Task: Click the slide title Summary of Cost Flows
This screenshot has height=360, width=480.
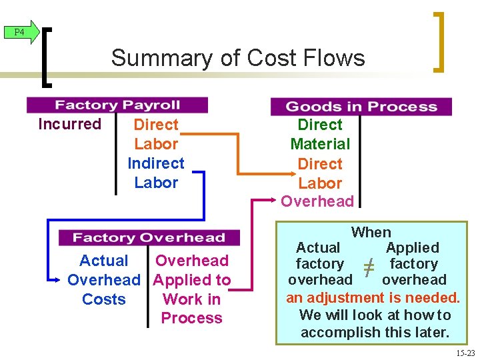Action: (238, 58)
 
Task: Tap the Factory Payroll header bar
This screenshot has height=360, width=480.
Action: (117, 105)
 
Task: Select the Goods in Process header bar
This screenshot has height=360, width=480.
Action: (361, 107)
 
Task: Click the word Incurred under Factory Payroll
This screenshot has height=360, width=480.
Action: (70, 124)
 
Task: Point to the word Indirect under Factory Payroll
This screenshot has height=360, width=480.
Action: (156, 163)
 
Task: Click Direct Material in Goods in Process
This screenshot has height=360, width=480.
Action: (320, 134)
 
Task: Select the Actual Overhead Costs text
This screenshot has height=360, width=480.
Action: (104, 280)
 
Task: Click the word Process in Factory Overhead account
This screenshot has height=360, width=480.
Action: (192, 318)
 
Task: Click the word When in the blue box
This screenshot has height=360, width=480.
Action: (371, 232)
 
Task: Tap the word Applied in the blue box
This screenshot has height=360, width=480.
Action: (413, 248)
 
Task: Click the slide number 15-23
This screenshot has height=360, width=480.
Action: (465, 353)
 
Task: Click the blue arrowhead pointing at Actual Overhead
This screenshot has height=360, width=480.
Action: (55, 280)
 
